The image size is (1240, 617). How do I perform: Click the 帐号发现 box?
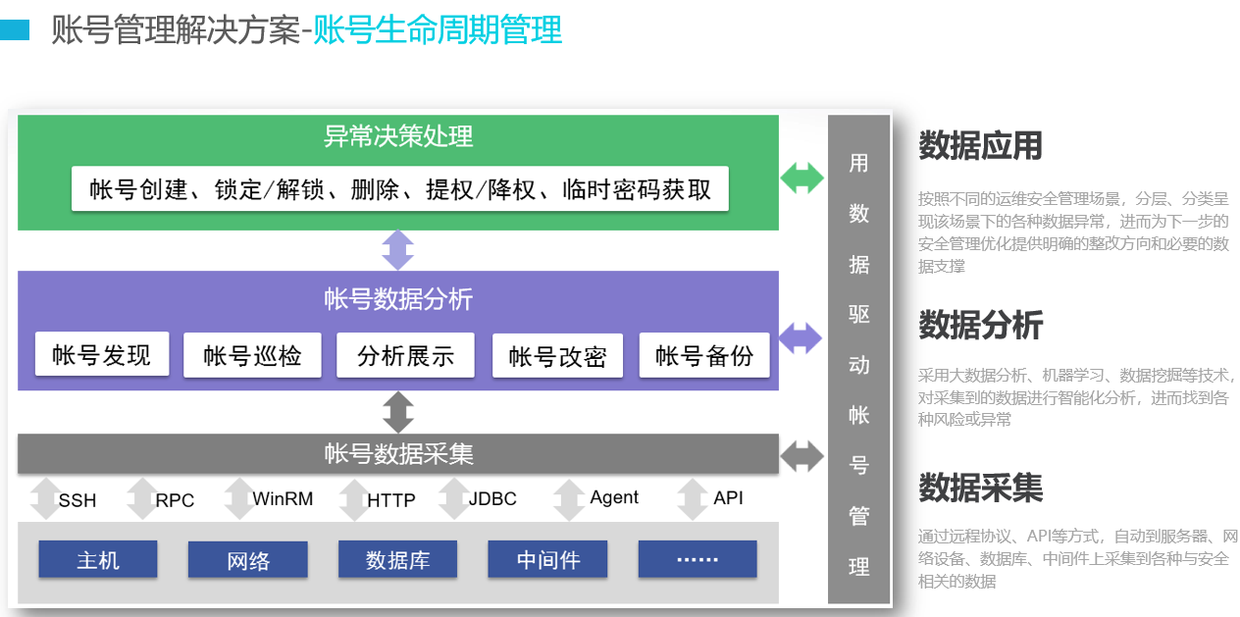point(102,354)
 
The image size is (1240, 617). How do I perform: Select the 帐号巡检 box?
point(252,355)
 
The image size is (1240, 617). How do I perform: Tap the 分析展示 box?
point(405,355)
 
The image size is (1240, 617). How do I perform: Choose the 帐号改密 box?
point(557,356)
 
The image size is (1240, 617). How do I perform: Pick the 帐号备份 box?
point(704,355)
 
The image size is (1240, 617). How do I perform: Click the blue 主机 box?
point(98,559)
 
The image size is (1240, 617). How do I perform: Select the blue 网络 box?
point(248,559)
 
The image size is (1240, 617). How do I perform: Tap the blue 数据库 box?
point(397,559)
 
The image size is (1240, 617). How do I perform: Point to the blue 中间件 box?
point(547,559)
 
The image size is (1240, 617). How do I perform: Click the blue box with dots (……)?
point(697,559)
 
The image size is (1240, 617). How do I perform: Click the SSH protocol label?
point(77,500)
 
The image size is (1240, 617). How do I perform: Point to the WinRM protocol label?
point(283,498)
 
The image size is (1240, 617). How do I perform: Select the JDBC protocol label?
point(492,498)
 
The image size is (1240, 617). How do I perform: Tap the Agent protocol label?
point(614,497)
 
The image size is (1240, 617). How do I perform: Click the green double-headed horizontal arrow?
point(801,179)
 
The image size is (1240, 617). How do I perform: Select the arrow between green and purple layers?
point(398,250)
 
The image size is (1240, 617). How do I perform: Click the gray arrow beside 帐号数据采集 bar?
point(801,456)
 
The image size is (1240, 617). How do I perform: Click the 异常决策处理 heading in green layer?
point(398,136)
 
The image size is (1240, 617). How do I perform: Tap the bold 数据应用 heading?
point(980,145)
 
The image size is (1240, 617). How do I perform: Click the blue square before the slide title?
point(15,29)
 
